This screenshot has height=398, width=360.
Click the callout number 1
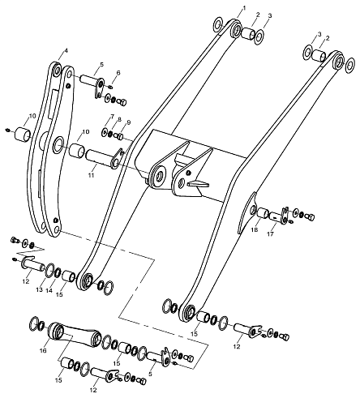[244, 8]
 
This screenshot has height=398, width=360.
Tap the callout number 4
[66, 50]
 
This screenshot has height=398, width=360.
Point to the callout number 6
[118, 73]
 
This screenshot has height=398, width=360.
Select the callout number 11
[91, 175]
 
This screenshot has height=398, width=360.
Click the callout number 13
[40, 289]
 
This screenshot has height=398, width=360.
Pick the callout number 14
[49, 291]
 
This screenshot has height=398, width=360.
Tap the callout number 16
[43, 351]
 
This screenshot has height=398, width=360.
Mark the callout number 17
[270, 234]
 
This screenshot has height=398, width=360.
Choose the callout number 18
[255, 229]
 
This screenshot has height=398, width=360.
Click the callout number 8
[120, 120]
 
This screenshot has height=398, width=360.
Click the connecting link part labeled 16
[74, 333]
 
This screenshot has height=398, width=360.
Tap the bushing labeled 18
[262, 212]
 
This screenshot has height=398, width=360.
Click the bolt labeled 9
[119, 136]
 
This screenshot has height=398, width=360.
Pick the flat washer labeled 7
[105, 132]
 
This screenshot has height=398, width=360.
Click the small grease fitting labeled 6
[111, 87]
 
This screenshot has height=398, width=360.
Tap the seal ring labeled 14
[58, 272]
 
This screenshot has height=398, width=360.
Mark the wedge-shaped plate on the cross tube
[199, 184]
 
